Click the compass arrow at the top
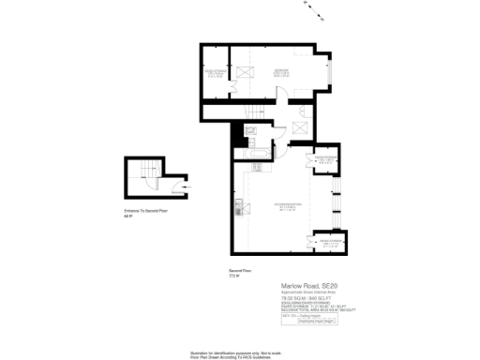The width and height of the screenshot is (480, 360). point(313,11)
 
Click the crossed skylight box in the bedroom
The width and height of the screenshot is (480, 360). point(246,70)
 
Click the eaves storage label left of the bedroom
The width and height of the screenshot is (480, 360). point(217,71)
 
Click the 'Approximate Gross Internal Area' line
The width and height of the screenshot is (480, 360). point(309,293)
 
